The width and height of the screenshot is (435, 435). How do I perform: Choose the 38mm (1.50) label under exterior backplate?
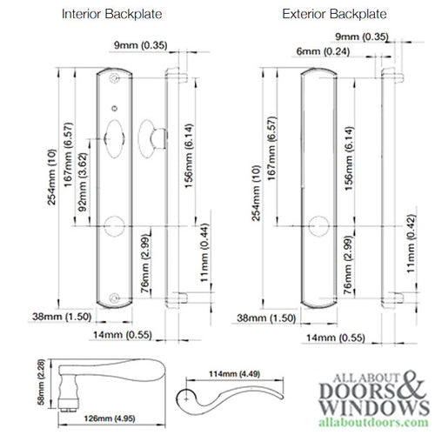coord(262,319)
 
